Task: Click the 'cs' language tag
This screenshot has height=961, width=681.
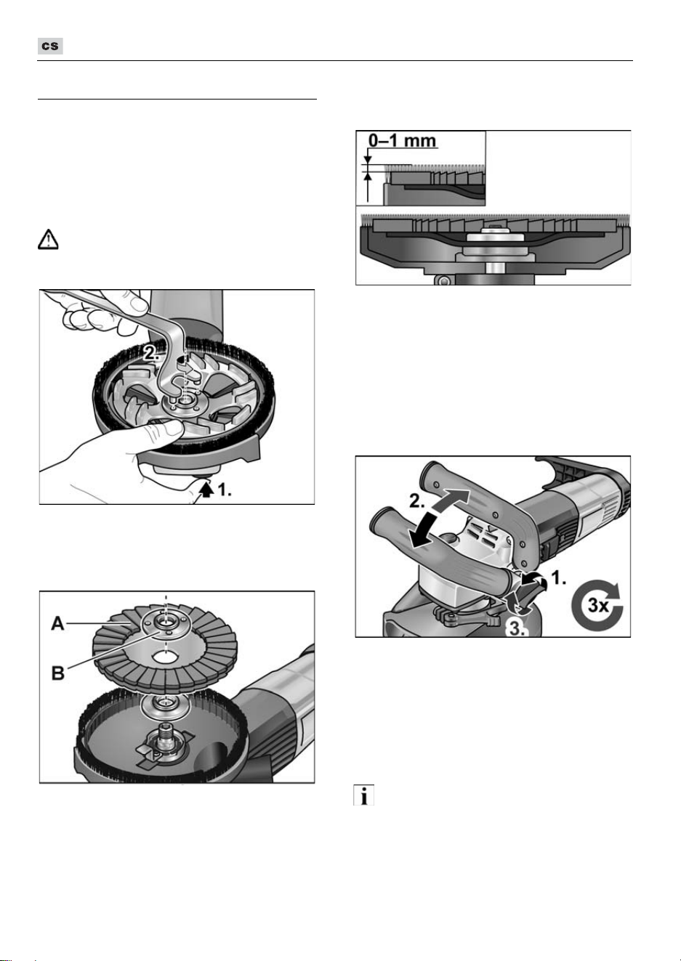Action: (x=50, y=46)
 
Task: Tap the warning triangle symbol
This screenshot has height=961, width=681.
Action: (x=48, y=240)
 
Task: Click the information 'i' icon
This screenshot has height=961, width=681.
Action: (x=363, y=795)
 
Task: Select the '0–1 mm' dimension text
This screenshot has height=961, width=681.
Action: (x=403, y=141)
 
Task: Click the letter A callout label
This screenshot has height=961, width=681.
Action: (x=58, y=623)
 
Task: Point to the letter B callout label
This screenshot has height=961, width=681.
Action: (x=58, y=673)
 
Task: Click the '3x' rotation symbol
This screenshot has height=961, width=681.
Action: (x=598, y=605)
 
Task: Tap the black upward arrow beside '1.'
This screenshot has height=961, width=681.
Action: (x=208, y=490)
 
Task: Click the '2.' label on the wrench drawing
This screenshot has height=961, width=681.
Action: (x=152, y=352)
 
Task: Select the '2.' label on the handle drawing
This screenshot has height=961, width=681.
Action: (x=417, y=500)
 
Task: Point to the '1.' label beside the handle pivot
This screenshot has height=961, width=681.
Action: (x=558, y=578)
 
